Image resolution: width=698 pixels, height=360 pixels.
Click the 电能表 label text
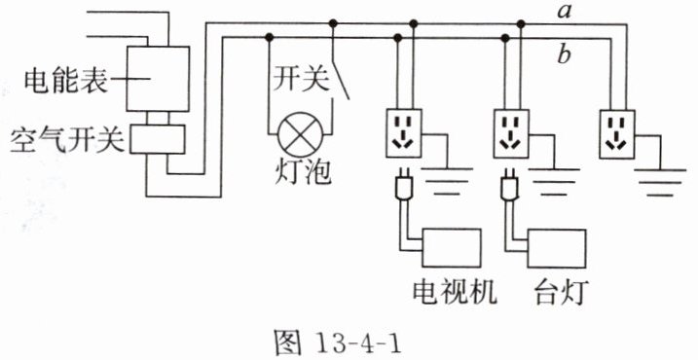point(65,81)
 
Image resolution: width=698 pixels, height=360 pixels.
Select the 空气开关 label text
point(67,139)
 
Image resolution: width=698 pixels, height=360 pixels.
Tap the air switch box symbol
point(158,139)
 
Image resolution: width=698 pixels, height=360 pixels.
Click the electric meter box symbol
point(158,78)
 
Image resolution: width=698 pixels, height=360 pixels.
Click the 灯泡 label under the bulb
point(303,173)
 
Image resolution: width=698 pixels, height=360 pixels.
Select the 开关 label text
point(302,80)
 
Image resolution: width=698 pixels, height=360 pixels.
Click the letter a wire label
point(564,12)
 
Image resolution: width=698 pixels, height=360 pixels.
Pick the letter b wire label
point(564,55)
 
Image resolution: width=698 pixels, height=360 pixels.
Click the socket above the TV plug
point(404,133)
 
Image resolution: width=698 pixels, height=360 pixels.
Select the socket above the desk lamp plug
point(510,133)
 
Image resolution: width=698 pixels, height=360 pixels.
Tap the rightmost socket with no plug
point(617,134)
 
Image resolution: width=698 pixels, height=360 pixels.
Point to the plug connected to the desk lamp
point(509,183)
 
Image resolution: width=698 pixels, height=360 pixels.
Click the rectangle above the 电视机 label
point(452,248)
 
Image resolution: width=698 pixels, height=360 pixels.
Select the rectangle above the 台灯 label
point(557,248)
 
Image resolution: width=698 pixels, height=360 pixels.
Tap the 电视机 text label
point(455,292)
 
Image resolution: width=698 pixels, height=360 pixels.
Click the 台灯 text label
point(561,292)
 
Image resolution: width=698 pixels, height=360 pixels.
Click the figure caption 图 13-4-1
point(339,342)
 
